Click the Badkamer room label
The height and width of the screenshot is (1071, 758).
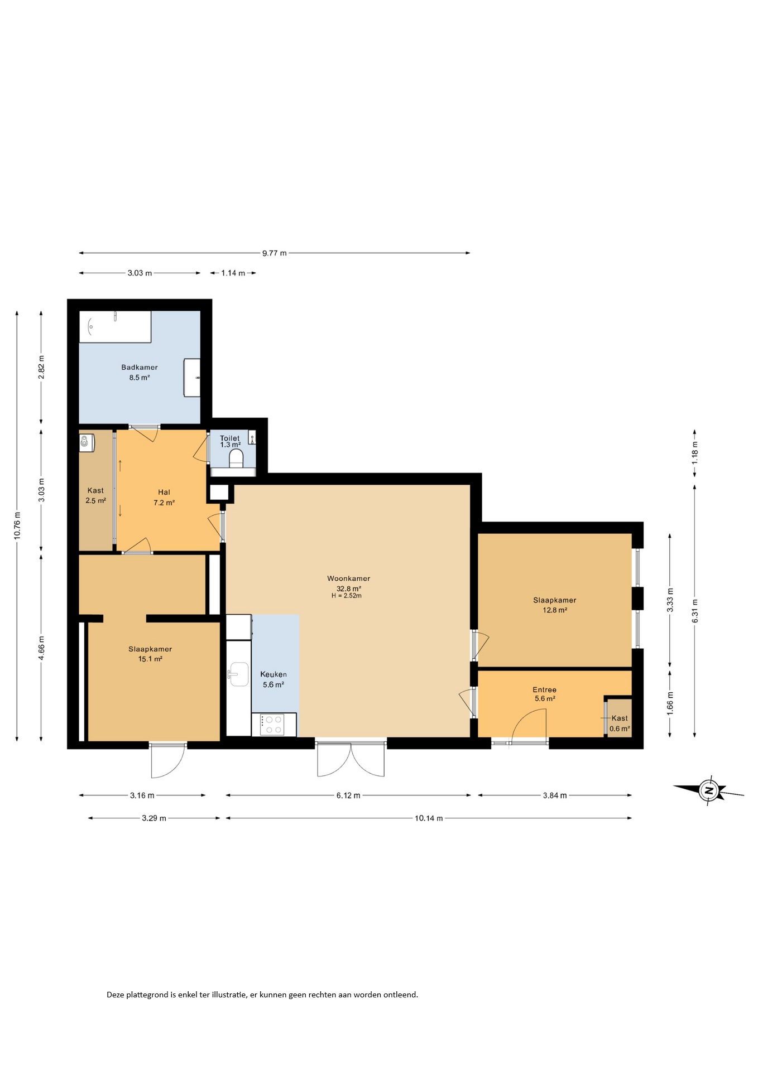click(140, 367)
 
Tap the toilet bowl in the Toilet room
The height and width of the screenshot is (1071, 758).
click(236, 459)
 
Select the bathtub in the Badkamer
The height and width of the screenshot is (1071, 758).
click(116, 327)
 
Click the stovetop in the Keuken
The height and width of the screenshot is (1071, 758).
click(274, 725)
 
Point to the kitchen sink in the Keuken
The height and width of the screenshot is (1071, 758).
click(239, 674)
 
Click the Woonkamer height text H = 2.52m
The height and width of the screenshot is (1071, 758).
click(347, 596)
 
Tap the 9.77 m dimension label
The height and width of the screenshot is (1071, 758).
click(275, 253)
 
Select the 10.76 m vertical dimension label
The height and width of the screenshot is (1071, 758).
click(17, 525)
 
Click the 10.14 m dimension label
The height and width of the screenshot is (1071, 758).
click(429, 818)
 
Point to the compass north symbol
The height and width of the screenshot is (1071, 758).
click(708, 790)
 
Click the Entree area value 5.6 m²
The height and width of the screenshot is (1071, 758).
click(545, 698)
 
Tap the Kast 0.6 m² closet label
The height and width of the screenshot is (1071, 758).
click(620, 723)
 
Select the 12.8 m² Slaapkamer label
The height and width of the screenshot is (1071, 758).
click(555, 610)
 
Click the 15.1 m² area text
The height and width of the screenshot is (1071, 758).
click(150, 659)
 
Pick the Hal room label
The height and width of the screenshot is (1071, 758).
click(164, 492)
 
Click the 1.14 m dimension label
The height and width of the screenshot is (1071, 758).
click(233, 273)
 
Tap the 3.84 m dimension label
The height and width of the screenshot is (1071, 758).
click(555, 795)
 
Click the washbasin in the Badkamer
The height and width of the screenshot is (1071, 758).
click(192, 378)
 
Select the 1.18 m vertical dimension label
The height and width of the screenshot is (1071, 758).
click(695, 453)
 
